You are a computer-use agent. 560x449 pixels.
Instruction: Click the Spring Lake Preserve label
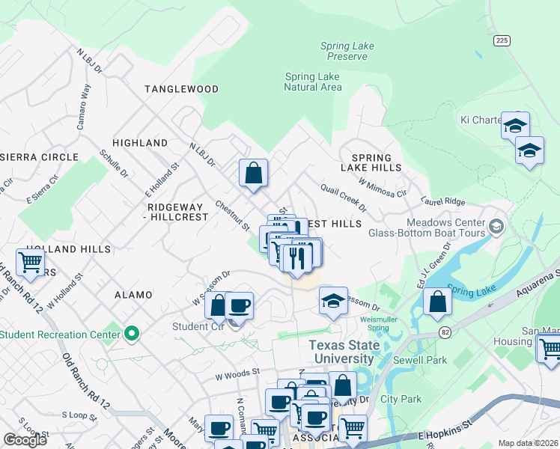click(x=347, y=51)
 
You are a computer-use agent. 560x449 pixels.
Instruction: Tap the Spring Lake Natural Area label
click(x=313, y=82)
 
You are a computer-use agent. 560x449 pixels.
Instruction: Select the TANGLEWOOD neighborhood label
click(x=181, y=89)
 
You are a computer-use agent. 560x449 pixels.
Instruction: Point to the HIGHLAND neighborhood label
click(x=140, y=142)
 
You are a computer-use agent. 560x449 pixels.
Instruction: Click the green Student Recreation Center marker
click(x=133, y=333)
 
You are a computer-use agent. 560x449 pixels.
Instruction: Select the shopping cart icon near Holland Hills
click(x=30, y=263)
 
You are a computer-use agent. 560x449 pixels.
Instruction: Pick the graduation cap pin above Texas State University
click(x=334, y=301)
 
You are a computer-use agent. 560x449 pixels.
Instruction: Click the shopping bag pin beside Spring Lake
click(x=437, y=302)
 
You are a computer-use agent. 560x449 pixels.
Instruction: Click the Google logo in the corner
click(x=25, y=440)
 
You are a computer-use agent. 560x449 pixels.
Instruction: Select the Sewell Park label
click(x=425, y=360)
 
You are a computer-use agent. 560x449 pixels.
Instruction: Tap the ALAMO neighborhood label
click(x=133, y=296)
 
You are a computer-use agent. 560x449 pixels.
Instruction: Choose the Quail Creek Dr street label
click(x=343, y=197)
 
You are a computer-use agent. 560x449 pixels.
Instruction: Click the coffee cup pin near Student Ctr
click(x=239, y=306)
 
